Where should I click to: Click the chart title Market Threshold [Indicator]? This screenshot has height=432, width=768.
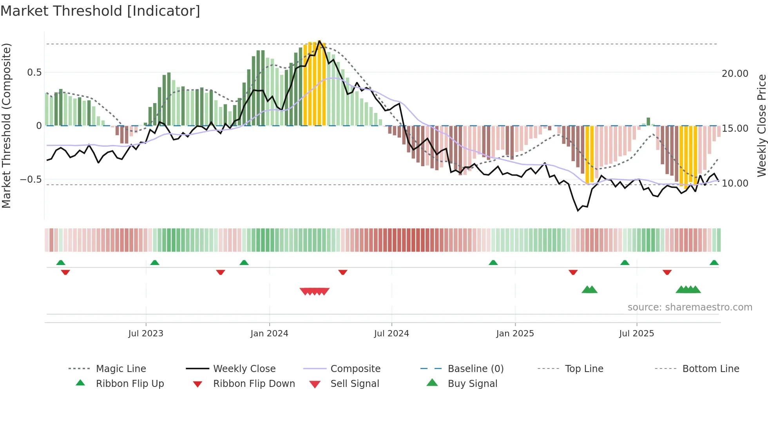click(x=100, y=11)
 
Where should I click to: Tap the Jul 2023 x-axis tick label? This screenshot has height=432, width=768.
click(x=146, y=334)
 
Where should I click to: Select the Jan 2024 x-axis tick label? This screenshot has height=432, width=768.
click(x=269, y=334)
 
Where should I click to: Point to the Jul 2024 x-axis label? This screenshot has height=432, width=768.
click(x=391, y=334)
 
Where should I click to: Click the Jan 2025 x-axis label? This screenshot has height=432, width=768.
click(x=515, y=334)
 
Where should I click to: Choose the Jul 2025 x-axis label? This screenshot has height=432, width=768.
click(x=637, y=334)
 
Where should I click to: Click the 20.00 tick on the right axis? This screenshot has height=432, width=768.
click(x=735, y=74)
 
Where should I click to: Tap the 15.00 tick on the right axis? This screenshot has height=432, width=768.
click(x=735, y=129)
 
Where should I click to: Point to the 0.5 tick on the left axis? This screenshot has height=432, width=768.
click(x=34, y=73)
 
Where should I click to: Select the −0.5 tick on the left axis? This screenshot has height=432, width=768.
click(x=31, y=180)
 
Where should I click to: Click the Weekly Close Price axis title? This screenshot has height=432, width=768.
click(x=761, y=125)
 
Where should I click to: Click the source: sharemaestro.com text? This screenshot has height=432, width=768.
click(x=690, y=307)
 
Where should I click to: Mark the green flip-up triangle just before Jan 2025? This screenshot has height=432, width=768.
click(x=493, y=263)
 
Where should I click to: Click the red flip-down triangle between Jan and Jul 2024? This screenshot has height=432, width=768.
click(x=343, y=272)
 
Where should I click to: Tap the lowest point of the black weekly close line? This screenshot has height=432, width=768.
click(x=578, y=211)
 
